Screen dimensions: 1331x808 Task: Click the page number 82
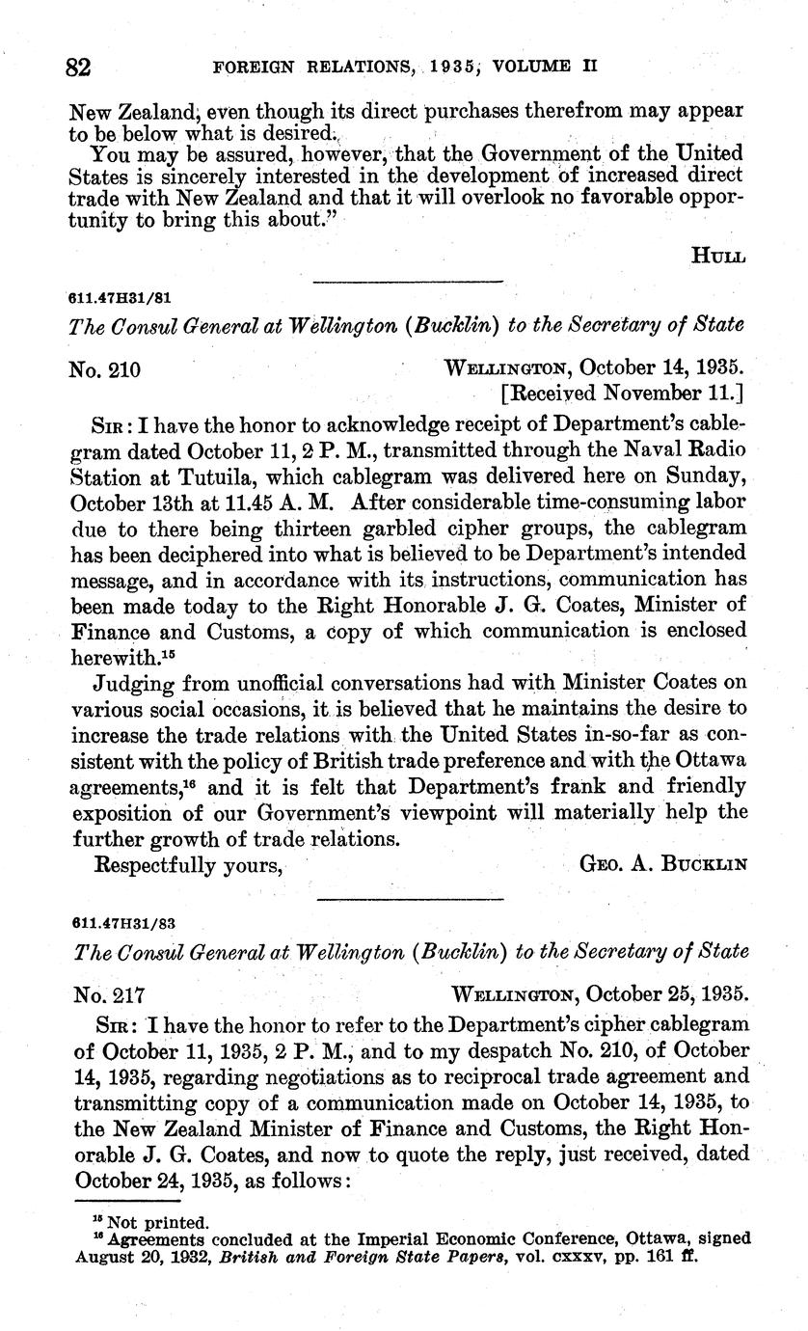(x=78, y=68)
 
